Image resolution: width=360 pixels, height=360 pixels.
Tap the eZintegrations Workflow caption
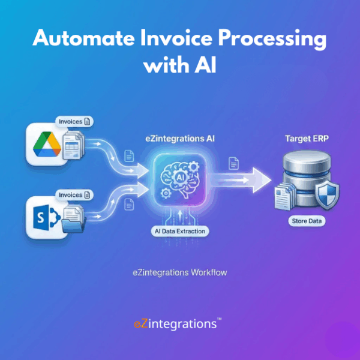coord(179,272)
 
